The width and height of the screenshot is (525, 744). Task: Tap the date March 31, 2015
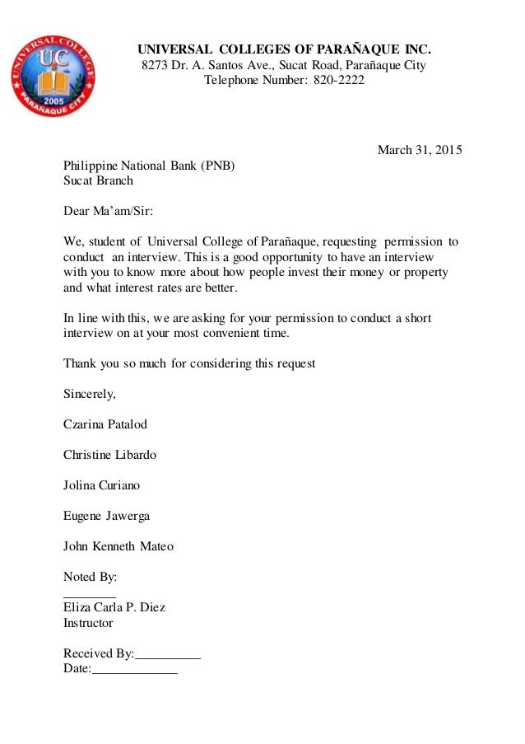(420, 150)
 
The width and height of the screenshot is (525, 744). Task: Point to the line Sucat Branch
(98, 180)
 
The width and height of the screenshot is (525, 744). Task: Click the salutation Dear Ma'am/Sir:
(108, 211)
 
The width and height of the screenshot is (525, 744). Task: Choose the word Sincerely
(90, 394)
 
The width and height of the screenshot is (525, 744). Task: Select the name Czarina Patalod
(105, 424)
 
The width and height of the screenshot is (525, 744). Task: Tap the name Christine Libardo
(109, 455)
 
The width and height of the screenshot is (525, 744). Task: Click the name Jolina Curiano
(102, 485)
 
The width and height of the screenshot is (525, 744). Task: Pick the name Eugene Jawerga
(106, 516)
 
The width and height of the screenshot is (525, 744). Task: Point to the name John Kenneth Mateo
(118, 546)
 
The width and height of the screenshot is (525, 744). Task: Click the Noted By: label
(90, 577)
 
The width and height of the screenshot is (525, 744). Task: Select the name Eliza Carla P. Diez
(114, 608)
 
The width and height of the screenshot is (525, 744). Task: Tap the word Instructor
(88, 623)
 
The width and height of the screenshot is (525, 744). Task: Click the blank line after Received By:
(168, 657)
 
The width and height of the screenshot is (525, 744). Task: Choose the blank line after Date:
(134, 672)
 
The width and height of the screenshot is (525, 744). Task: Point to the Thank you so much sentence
(189, 363)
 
